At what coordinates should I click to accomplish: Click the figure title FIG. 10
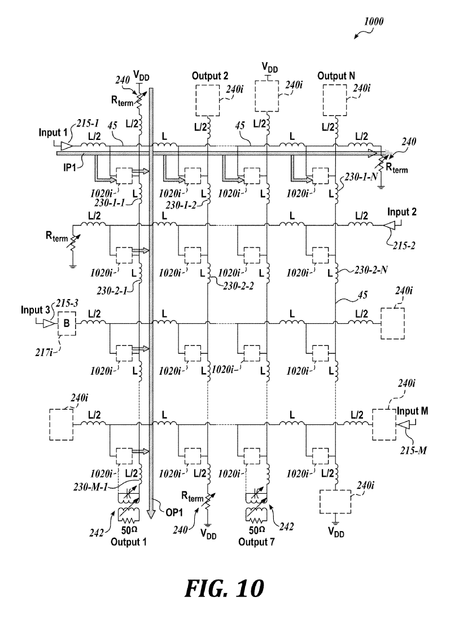point(224,589)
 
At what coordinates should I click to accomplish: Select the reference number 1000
point(374,21)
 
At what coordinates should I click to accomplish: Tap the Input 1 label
point(53,132)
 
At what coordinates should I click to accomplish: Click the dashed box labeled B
point(67,323)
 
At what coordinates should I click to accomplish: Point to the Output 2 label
point(210,76)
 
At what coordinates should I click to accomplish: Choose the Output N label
point(336,76)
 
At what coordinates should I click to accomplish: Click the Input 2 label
point(402,212)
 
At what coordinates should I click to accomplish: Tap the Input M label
point(412,411)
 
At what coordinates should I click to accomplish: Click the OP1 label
point(174,512)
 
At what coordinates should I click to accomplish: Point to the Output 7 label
point(256,542)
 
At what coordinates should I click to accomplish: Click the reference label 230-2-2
point(238,286)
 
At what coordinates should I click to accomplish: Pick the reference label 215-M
point(414,450)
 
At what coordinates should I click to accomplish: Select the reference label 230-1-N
point(361,177)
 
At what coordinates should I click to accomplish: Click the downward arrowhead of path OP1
point(150,514)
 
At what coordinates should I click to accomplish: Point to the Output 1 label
point(128,542)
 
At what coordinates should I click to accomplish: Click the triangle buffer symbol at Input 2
point(388,226)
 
